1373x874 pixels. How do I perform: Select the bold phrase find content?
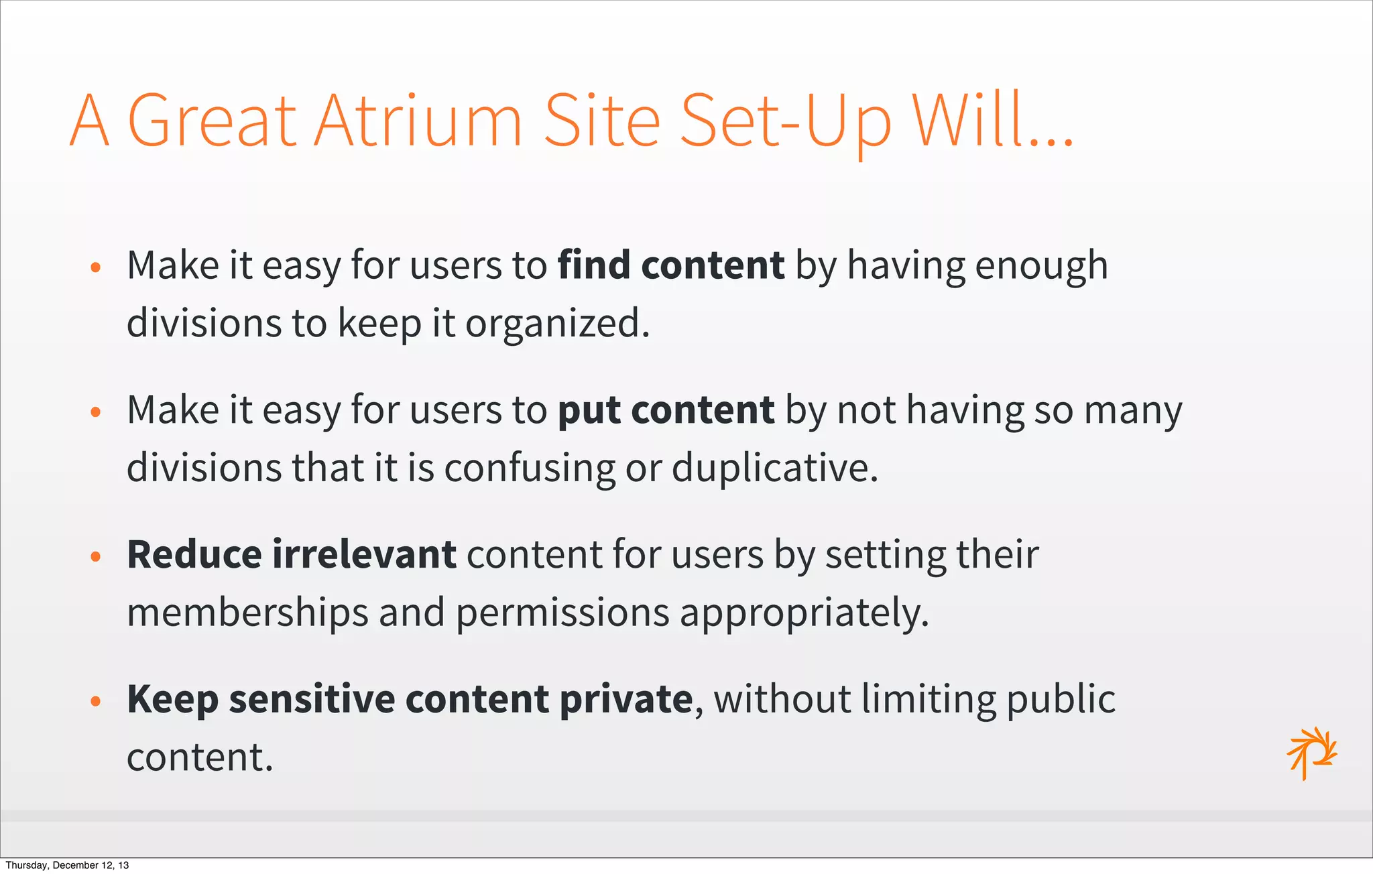pos(671,265)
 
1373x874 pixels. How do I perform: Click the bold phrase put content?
pos(666,410)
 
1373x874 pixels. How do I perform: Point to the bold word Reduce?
pos(194,555)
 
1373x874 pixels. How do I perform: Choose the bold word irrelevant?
pos(365,555)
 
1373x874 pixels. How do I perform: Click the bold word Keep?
pos(172,700)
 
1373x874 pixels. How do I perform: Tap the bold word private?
pos(625,700)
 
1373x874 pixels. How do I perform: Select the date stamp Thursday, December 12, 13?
pos(67,865)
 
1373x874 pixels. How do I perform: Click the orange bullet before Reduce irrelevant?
pos(96,556)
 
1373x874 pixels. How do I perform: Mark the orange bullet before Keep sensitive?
pos(96,701)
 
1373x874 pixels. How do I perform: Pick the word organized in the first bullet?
pos(557,324)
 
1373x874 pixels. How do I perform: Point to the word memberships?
pos(247,613)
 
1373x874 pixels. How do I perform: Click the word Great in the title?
pos(212,121)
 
